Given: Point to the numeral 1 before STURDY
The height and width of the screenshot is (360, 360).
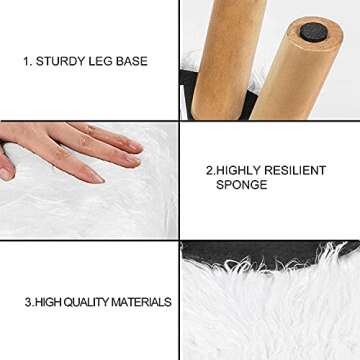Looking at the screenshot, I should [27, 62].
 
